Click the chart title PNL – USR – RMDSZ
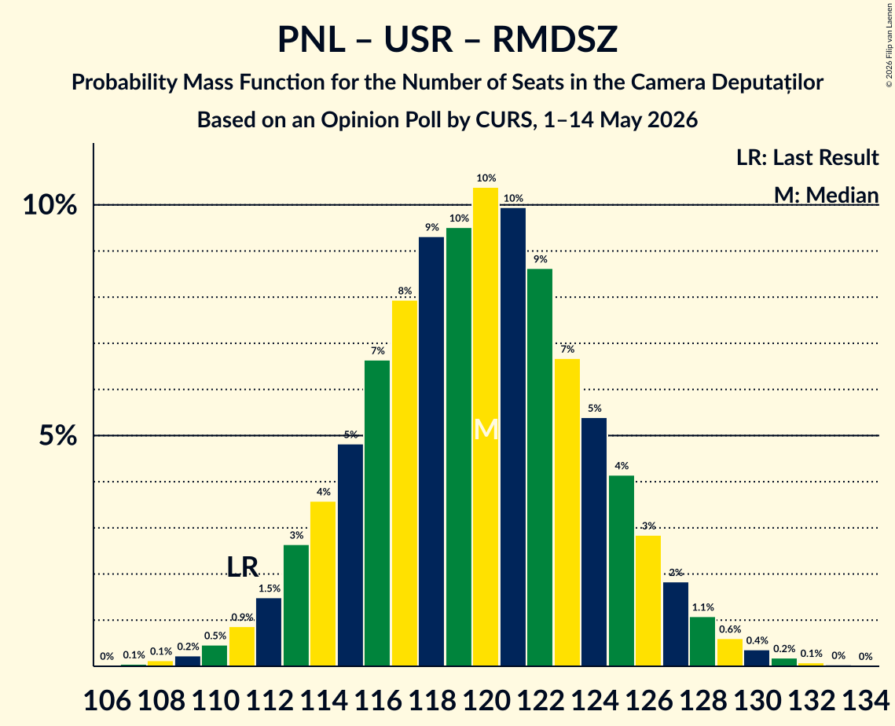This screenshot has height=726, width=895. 448,40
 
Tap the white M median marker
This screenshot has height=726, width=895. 486,429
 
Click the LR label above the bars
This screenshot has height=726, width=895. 243,566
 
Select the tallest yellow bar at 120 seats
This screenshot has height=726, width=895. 486,427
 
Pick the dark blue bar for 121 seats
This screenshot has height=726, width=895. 513,437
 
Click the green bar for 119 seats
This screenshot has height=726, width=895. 459,447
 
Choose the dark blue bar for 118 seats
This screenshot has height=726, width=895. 431,452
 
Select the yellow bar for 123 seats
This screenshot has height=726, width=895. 567,512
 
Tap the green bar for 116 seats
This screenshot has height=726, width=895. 377,513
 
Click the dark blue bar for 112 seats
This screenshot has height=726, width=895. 269,632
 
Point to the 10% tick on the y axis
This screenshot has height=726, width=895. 50,205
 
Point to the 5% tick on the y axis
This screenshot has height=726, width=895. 57,436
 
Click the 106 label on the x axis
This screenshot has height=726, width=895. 107,700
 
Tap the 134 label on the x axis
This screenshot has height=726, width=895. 866,700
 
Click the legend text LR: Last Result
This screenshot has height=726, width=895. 807,157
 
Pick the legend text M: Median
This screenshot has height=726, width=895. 826,195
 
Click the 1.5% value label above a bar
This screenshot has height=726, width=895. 269,588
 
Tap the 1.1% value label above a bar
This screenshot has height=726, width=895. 702,607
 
